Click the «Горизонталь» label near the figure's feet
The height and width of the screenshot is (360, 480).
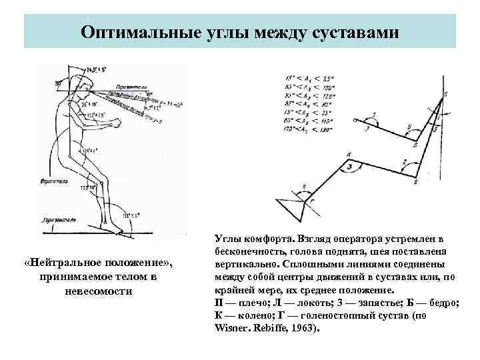pos(58,218)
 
